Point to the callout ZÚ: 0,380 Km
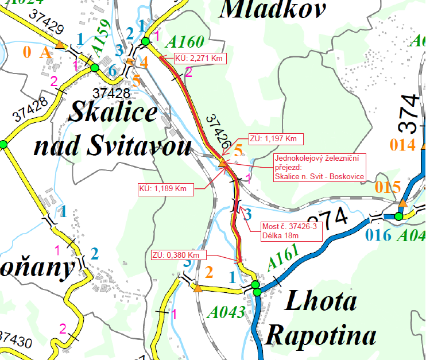[176, 254]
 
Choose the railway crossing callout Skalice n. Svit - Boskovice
[319, 167]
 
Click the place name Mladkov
[273, 9]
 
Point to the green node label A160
[184, 41]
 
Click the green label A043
[226, 312]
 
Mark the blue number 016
[377, 235]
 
